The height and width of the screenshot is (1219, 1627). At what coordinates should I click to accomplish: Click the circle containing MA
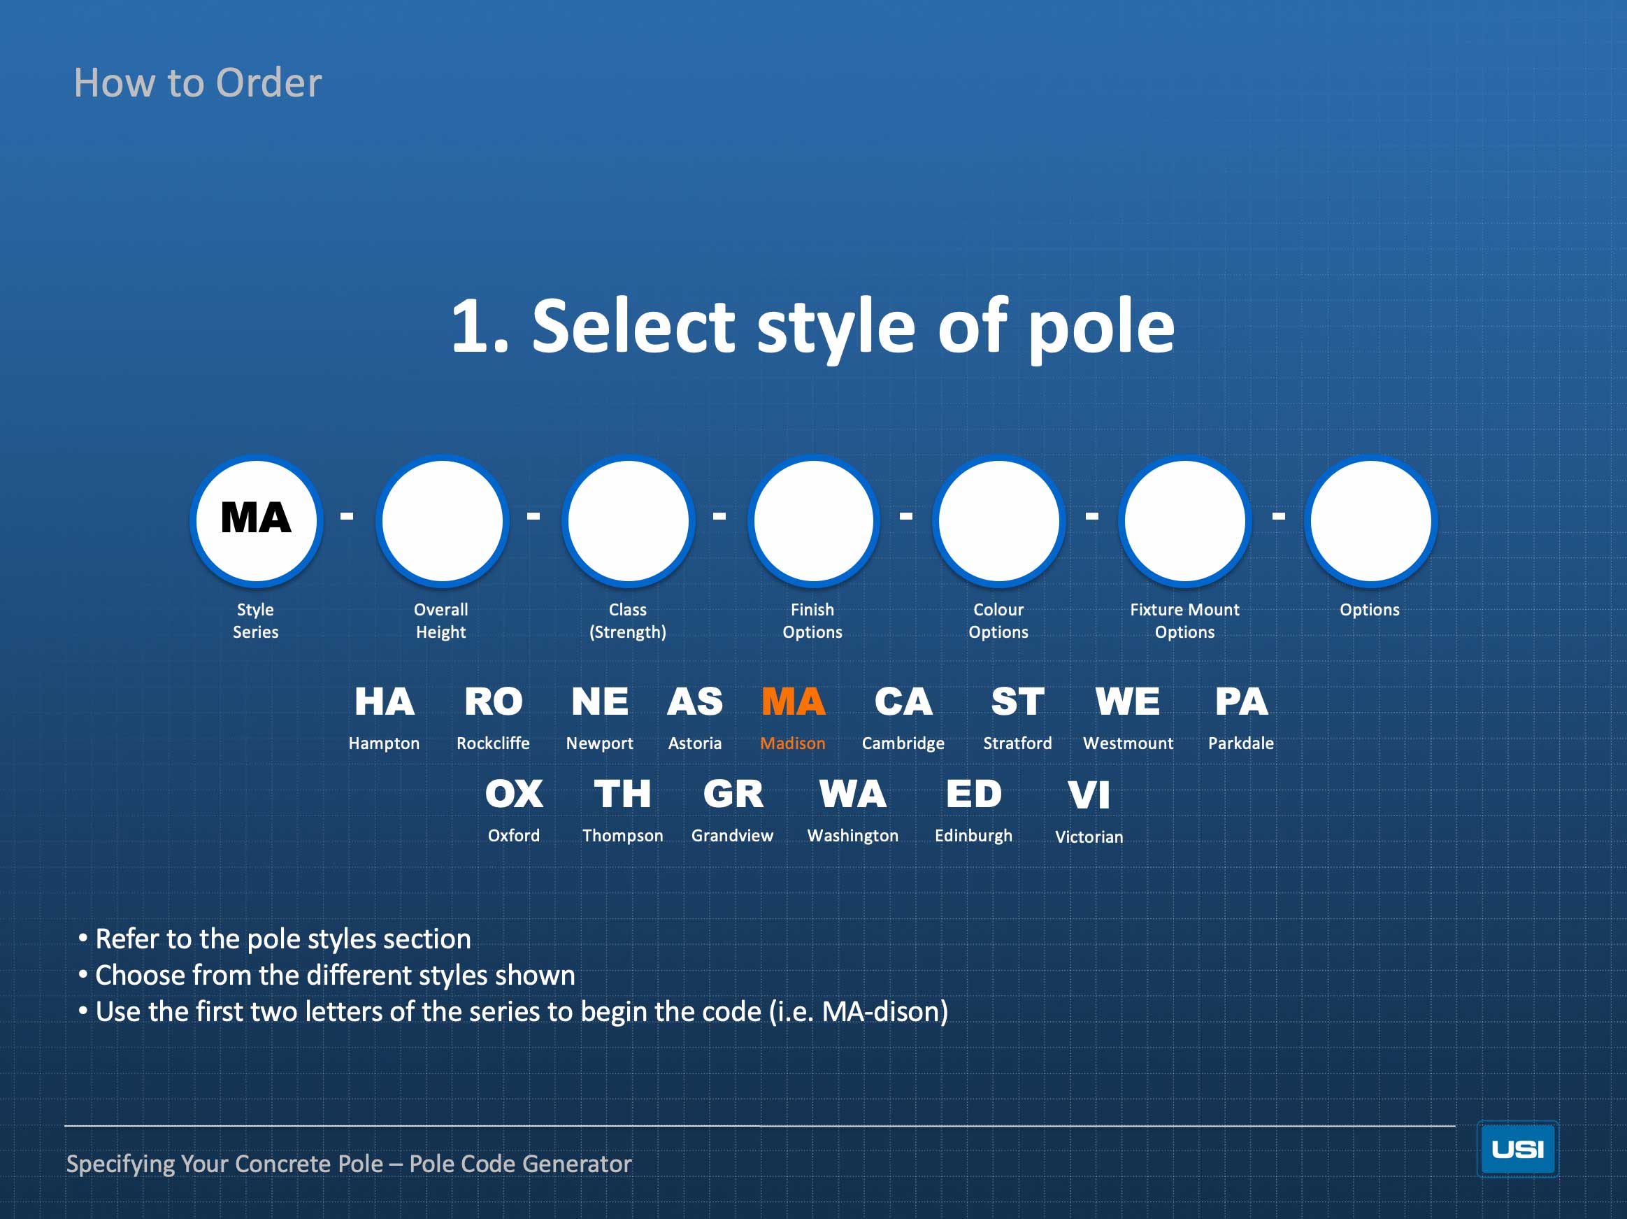click(256, 521)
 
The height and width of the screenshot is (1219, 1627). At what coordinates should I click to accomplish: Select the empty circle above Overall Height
click(442, 521)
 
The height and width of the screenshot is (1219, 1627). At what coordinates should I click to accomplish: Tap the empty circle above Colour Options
click(999, 521)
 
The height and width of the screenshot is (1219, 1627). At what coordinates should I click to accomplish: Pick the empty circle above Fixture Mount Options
click(1185, 521)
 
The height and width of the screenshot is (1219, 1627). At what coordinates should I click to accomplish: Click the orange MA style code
click(793, 701)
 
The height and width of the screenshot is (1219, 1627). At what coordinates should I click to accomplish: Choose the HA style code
click(384, 701)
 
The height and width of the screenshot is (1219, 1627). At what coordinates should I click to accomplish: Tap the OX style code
click(514, 794)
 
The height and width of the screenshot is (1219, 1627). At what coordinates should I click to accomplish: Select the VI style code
click(1089, 795)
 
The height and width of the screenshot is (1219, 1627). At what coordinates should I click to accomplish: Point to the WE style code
click(1128, 701)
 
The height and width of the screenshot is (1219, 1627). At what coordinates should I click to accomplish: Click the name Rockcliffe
click(493, 743)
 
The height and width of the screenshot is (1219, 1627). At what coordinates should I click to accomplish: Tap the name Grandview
click(733, 836)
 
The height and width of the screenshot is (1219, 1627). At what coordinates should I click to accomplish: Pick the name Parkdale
click(1241, 743)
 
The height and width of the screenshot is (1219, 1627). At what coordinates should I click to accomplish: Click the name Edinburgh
click(974, 836)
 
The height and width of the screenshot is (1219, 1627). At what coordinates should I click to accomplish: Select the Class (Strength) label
click(627, 621)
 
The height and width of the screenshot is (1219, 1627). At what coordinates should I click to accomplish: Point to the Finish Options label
click(812, 621)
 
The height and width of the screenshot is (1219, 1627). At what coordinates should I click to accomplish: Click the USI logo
click(1517, 1149)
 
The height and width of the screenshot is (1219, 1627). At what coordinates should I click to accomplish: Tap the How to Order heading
click(198, 83)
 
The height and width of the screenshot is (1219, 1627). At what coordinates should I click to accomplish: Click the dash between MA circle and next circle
click(346, 516)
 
